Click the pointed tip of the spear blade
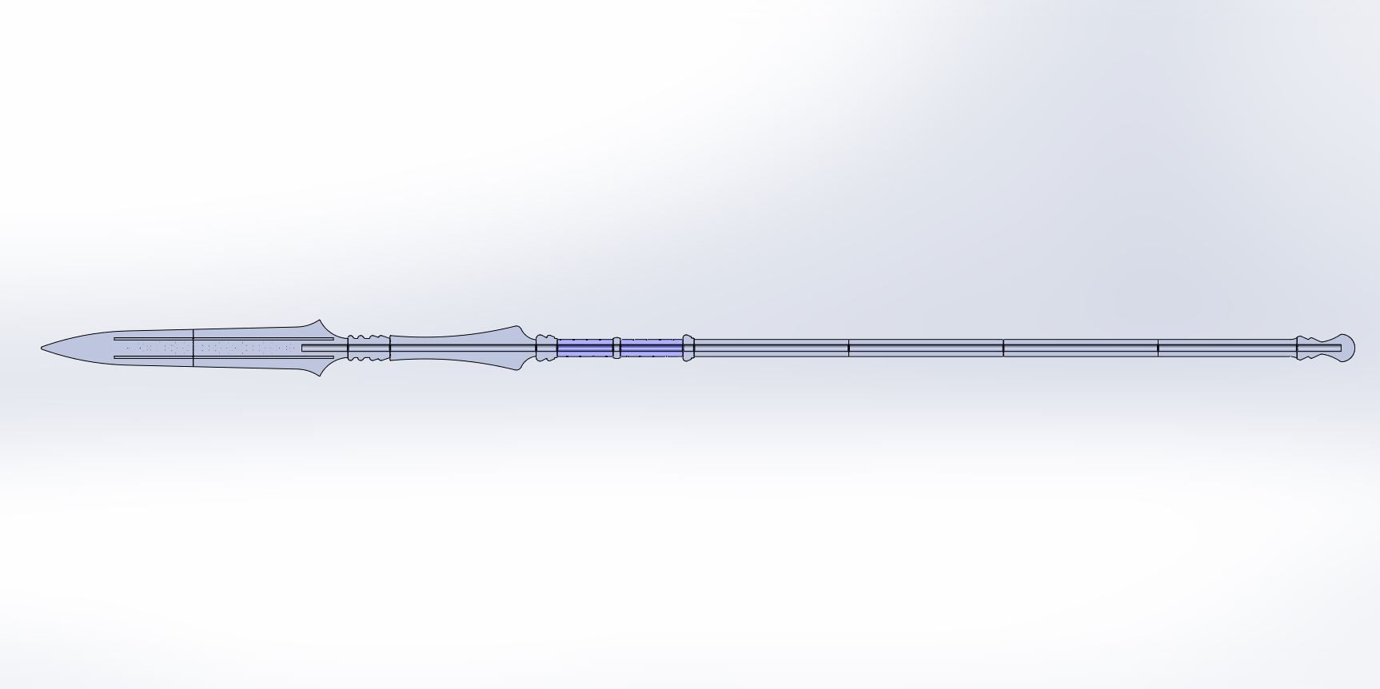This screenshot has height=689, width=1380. (x=43, y=348)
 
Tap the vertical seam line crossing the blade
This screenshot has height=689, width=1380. (x=193, y=348)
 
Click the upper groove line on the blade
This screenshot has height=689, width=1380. (x=224, y=338)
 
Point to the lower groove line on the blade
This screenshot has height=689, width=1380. (x=224, y=357)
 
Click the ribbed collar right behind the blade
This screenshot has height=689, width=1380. (x=369, y=348)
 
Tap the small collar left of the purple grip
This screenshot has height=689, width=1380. (x=546, y=348)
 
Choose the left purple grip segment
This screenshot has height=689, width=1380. (x=584, y=348)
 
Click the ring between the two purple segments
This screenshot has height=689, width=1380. (x=616, y=348)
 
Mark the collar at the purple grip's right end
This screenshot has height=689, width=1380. (x=688, y=348)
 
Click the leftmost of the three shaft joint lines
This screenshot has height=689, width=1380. (x=849, y=348)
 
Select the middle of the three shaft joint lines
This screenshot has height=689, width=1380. (x=1003, y=348)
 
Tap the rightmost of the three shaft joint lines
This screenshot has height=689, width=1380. (x=1158, y=348)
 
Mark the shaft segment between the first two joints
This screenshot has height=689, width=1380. (x=926, y=348)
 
